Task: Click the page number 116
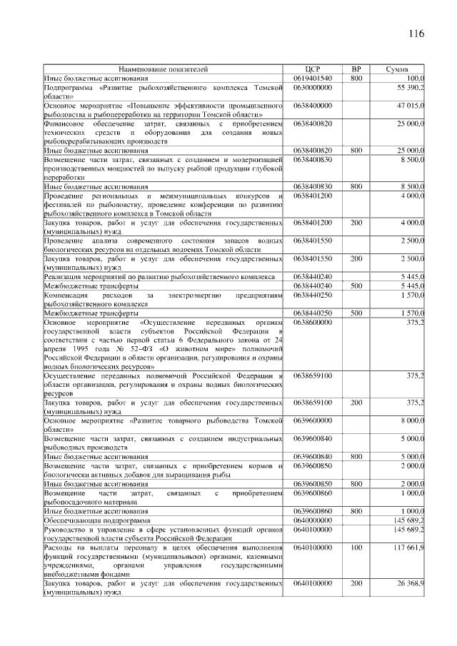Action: [x=417, y=34]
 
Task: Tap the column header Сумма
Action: [x=397, y=69]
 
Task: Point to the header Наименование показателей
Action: [x=164, y=69]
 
